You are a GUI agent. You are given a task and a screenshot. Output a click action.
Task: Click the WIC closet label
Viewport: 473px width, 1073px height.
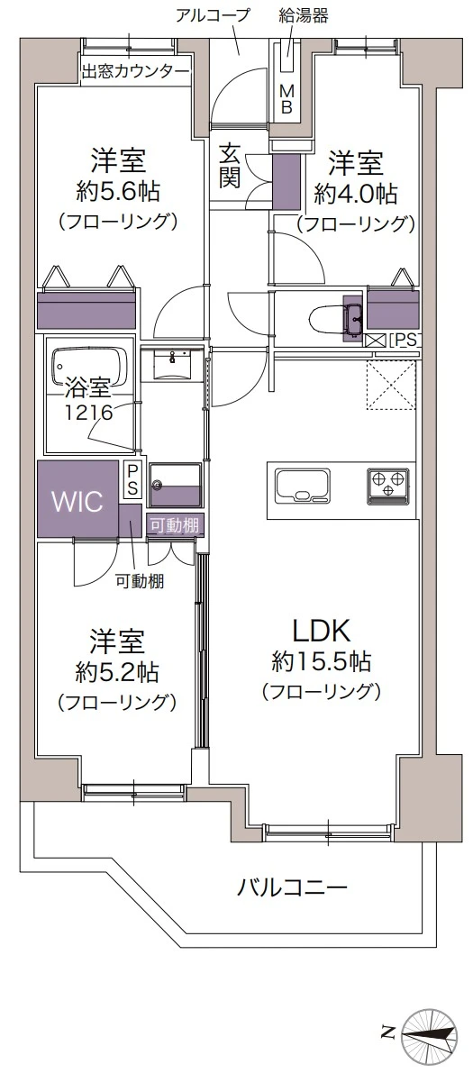(78, 501)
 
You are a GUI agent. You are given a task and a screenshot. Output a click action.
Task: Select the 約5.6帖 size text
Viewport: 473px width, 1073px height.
(118, 192)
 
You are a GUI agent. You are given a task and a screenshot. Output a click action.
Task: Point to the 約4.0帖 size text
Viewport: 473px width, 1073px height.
(355, 194)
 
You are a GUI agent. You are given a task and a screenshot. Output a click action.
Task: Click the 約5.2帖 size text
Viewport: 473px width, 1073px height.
(117, 673)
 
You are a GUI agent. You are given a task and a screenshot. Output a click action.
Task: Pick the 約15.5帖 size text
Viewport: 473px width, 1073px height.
(322, 661)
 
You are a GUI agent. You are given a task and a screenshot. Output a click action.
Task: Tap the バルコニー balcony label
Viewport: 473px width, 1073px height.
(292, 887)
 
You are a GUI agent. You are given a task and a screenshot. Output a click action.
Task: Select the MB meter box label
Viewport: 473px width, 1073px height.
(287, 100)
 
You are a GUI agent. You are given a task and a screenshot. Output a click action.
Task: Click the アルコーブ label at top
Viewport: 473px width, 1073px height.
(213, 15)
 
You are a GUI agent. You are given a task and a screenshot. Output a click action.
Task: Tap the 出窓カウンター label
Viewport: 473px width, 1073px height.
(135, 70)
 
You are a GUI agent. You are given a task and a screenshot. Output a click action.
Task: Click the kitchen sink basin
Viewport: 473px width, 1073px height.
(303, 486)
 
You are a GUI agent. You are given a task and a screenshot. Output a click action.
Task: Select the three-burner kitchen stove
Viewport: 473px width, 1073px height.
(389, 486)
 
